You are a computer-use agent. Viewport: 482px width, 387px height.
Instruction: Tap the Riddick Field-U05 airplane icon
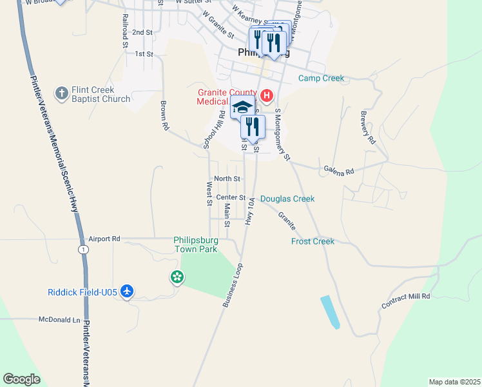pyautogui.click(x=127, y=292)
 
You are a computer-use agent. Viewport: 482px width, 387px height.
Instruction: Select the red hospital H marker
pyautogui.click(x=266, y=97)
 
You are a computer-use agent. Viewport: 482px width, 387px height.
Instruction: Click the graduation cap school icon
pyautogui.click(x=243, y=107)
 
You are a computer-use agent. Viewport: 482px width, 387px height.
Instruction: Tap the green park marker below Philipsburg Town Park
pyautogui.click(x=177, y=277)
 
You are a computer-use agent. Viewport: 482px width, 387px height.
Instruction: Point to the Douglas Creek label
pyautogui.click(x=287, y=199)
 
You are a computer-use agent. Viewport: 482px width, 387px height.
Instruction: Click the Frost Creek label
pyautogui.click(x=313, y=241)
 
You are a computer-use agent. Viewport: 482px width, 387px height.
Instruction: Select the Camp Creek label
pyautogui.click(x=321, y=79)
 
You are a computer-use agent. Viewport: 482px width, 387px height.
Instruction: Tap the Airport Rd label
pyautogui.click(x=105, y=238)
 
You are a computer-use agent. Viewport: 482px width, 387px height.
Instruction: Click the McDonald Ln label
pyautogui.click(x=59, y=319)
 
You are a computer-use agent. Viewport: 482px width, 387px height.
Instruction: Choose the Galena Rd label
pyautogui.click(x=339, y=172)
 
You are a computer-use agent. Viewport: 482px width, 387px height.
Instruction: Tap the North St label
pyautogui.click(x=227, y=179)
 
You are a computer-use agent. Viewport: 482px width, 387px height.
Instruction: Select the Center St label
pyautogui.click(x=231, y=197)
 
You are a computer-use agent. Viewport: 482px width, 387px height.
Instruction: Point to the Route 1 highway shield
pyautogui.click(x=83, y=249)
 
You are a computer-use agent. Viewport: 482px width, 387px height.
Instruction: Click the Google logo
pyautogui.click(x=21, y=379)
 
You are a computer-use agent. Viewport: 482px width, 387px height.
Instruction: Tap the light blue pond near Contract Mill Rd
pyautogui.click(x=329, y=313)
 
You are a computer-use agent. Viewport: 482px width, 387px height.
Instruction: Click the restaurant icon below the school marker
pyautogui.click(x=253, y=126)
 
